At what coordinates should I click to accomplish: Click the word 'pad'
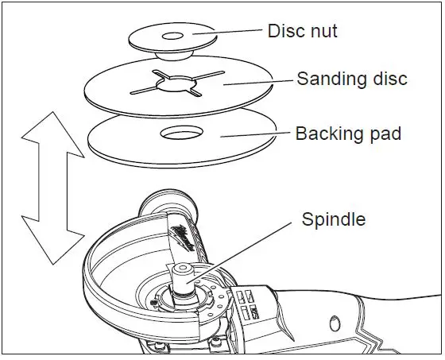[385, 133]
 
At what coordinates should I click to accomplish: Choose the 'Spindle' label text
[334, 219]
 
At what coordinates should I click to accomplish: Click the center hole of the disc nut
[172, 37]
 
